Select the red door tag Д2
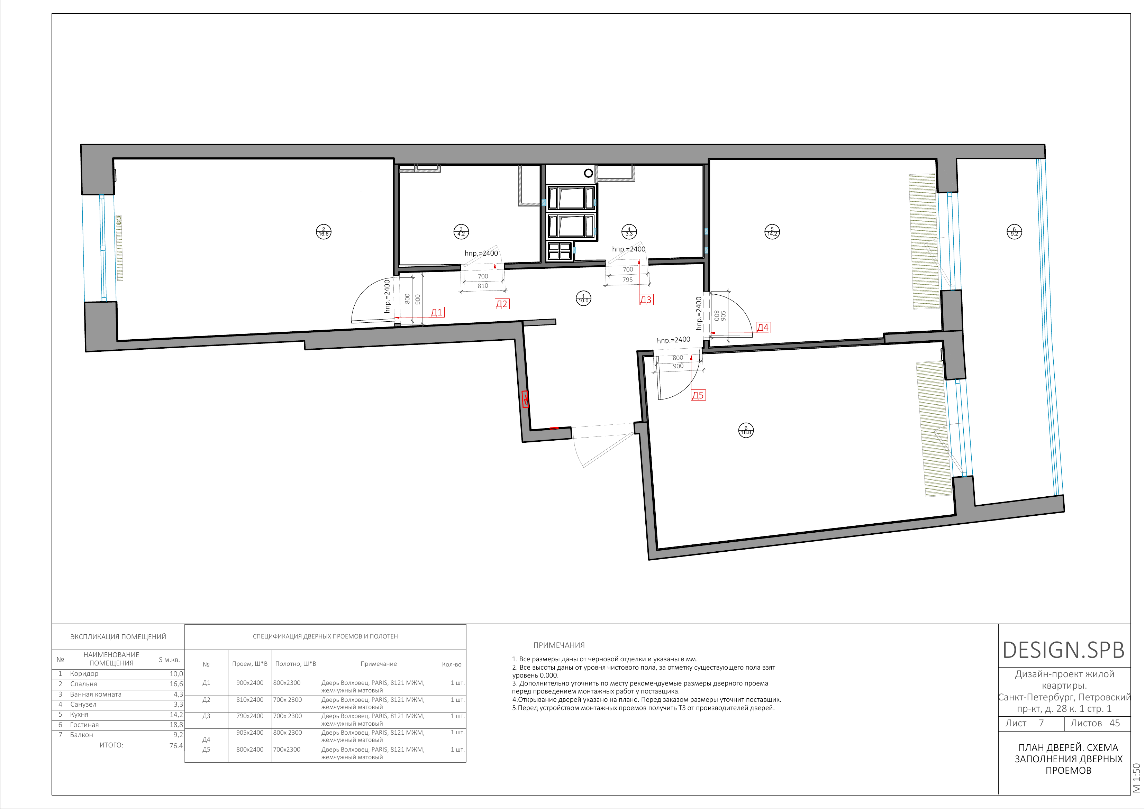tap(502, 304)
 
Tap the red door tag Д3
tap(646, 300)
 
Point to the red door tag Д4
tap(763, 328)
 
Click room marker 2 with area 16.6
tap(324, 232)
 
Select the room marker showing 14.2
tap(772, 232)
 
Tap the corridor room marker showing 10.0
tap(583, 298)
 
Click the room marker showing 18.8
tap(746, 430)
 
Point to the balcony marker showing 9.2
tap(1014, 232)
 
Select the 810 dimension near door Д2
tap(483, 286)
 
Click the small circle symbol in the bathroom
tap(589, 174)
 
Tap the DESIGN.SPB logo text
tap(1064, 650)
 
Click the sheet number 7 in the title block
tap(1041, 723)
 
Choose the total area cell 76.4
tap(176, 746)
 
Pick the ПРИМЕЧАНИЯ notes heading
tap(559, 645)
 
